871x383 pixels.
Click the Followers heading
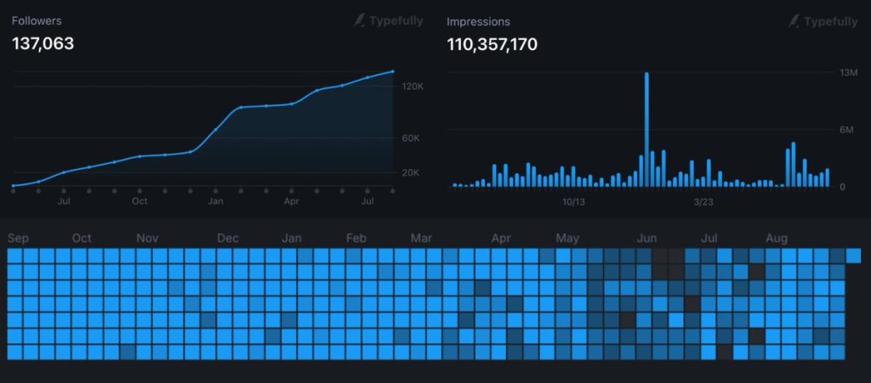coord(37,21)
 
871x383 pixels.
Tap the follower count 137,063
coord(43,44)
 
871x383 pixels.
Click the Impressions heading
coord(478,21)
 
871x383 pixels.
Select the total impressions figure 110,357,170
coord(492,44)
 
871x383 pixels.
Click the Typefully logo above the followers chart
coord(388,21)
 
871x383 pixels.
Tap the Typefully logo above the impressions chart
coord(823,21)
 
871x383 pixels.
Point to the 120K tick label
coord(413,87)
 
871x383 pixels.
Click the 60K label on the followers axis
coord(411,138)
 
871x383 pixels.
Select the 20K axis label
coord(411,173)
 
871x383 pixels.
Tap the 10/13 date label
coord(574,202)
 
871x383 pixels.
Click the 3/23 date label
coord(703,202)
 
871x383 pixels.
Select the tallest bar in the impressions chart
coord(646,130)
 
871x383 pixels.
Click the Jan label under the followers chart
coord(215,201)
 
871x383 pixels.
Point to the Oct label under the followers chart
coord(139,201)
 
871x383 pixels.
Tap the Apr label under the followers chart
coord(292,201)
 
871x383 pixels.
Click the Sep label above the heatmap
coord(19,239)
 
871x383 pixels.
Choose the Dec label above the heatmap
coord(228,239)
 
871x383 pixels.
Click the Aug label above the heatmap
coord(777,239)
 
